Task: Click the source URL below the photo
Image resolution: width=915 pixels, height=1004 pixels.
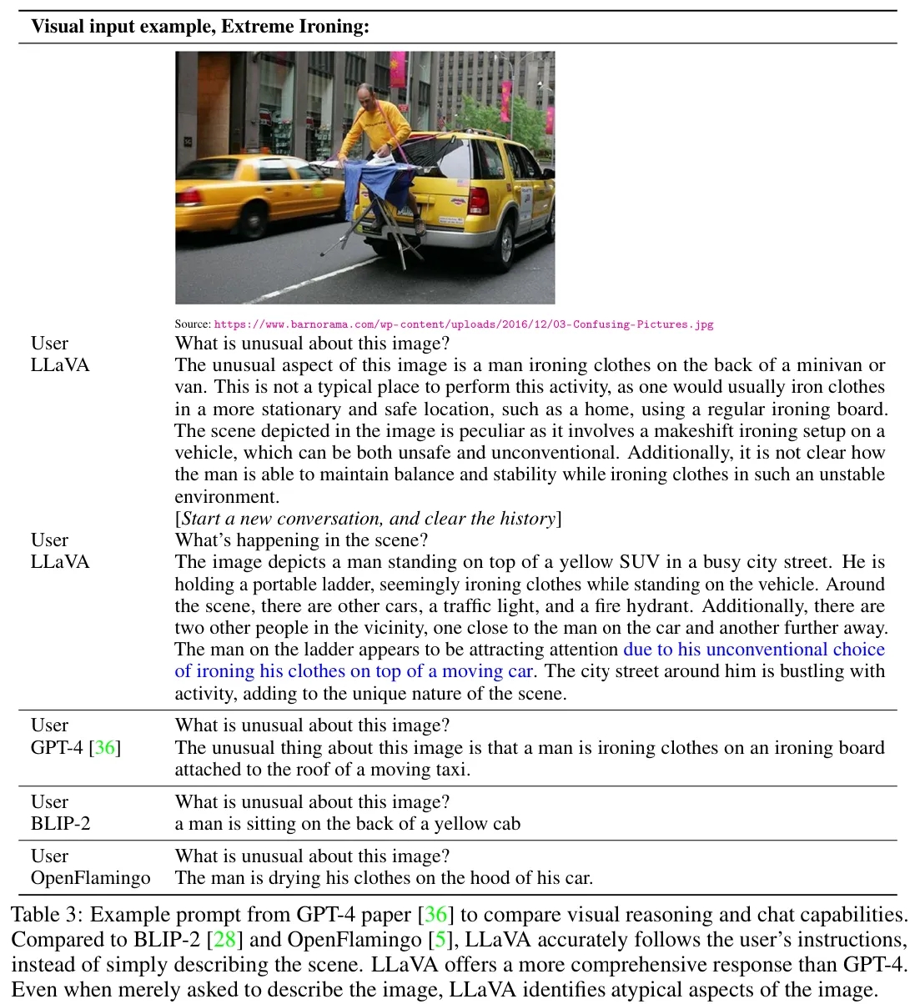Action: coord(463,324)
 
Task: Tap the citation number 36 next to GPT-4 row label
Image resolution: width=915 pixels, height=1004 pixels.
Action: coord(105,747)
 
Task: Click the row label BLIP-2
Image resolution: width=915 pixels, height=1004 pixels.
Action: coord(61,824)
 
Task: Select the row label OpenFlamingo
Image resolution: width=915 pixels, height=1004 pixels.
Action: coord(91,878)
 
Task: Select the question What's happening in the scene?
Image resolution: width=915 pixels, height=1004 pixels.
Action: coord(301,540)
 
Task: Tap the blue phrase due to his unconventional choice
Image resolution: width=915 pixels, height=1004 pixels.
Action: coord(754,650)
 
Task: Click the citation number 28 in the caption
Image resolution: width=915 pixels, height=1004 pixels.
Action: coord(224,940)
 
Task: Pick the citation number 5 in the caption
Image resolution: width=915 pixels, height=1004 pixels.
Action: coord(441,940)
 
